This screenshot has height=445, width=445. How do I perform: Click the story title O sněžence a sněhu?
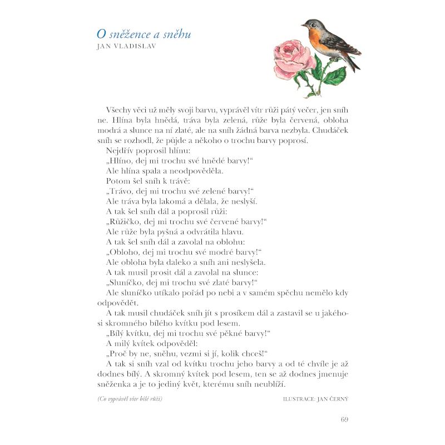[144, 34]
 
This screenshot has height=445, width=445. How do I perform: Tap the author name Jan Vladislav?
[126, 47]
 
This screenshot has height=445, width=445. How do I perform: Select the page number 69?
[344, 419]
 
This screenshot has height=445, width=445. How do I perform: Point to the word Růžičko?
[125, 221]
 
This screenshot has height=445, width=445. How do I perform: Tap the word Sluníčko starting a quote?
[127, 281]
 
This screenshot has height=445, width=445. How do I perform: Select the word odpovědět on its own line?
[117, 302]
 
